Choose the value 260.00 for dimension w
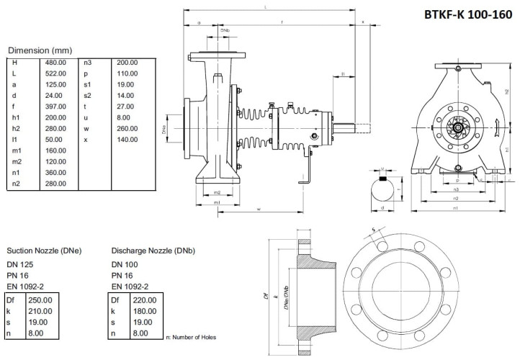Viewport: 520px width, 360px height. [127, 128]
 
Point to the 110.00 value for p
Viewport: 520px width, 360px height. [127, 73]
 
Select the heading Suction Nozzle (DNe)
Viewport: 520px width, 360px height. [43, 251]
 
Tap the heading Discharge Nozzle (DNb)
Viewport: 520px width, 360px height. [153, 251]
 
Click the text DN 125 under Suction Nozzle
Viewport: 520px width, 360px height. [19, 265]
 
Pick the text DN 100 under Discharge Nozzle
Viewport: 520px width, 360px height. [124, 265]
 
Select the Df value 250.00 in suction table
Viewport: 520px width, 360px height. [39, 300]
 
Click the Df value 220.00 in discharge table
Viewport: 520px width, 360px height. [143, 300]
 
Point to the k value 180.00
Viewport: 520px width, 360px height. [143, 311]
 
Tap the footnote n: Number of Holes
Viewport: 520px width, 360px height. [191, 336]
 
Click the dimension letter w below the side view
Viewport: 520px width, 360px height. [258, 210]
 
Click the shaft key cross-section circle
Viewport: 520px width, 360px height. [384, 191]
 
